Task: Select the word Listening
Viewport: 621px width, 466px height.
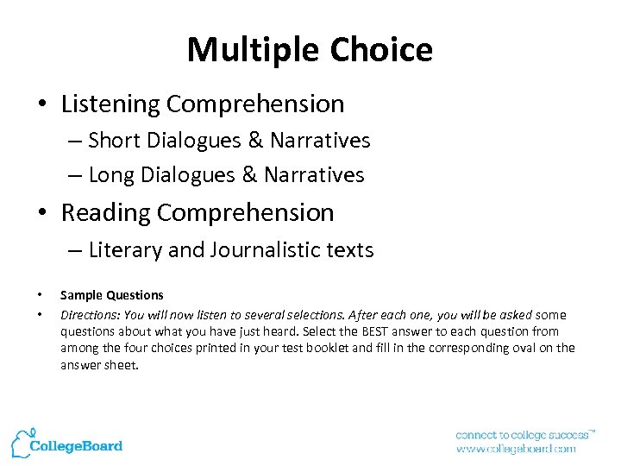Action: [x=110, y=104]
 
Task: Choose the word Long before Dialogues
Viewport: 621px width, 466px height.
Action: [x=112, y=175]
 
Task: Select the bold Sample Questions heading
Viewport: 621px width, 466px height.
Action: [x=111, y=295]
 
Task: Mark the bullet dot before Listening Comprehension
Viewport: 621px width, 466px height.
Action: [x=42, y=105]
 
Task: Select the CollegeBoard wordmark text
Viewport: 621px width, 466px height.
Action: [x=76, y=446]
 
